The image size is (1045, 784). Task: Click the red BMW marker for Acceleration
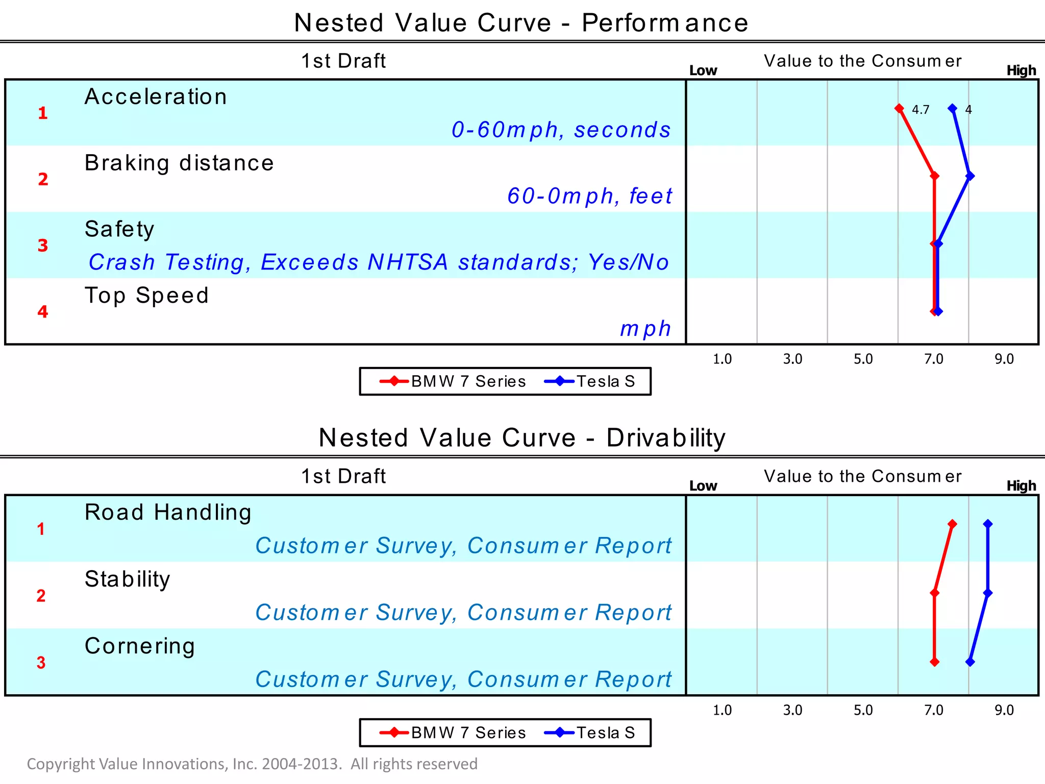click(899, 109)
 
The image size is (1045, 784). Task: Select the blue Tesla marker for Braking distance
click(970, 176)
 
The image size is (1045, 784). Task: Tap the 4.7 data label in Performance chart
click(920, 110)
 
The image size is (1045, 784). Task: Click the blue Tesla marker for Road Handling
click(988, 524)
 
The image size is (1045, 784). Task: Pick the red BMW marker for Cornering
click(934, 662)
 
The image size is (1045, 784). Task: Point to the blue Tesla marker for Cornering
click(970, 662)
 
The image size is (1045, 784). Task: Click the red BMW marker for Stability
click(934, 593)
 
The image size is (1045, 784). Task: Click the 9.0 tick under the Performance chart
click(1004, 359)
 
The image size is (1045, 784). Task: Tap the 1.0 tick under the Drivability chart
click(722, 710)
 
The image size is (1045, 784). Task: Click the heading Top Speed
click(147, 296)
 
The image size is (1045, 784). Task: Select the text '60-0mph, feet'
click(589, 196)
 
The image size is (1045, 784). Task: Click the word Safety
click(119, 229)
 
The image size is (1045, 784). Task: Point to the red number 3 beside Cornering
click(41, 663)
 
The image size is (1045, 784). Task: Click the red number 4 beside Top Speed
click(43, 311)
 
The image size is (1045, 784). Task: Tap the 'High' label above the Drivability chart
click(1021, 485)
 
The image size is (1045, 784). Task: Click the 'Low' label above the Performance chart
click(703, 70)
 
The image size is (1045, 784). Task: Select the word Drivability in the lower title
click(666, 438)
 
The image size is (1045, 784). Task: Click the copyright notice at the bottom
click(252, 764)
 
